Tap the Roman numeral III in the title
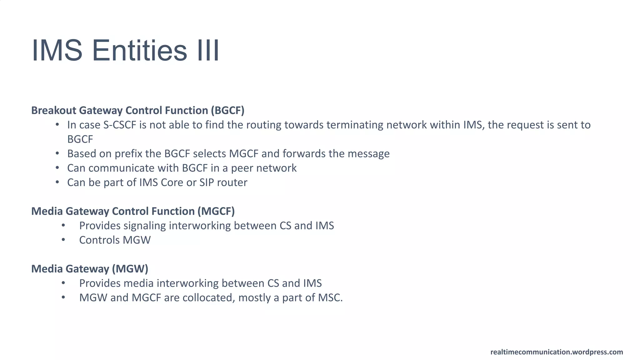coord(208,51)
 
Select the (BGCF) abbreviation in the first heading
coord(227,110)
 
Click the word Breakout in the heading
coord(54,110)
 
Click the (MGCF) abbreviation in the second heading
coord(216,211)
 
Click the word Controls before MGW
coord(99,240)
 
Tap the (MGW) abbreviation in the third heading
coord(130,269)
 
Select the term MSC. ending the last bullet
coord(330,297)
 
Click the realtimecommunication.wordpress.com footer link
coord(557,352)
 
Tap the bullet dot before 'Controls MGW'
coord(63,240)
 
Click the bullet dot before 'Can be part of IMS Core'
coord(57,182)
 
